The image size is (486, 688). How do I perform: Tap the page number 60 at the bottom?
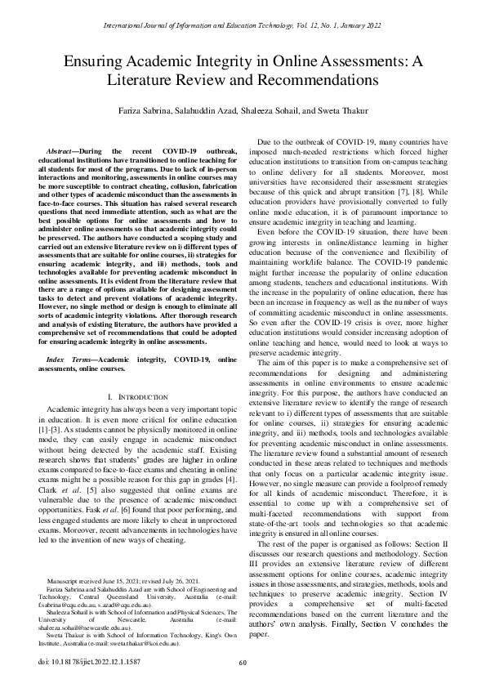[243, 663]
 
